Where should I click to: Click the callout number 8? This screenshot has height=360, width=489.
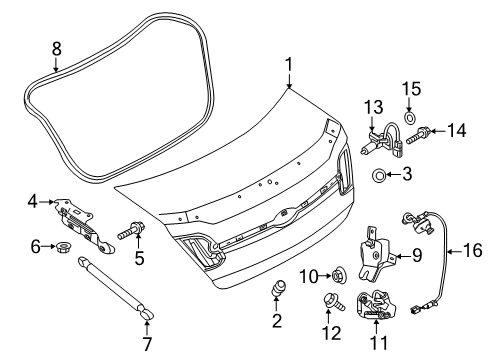(x=57, y=49)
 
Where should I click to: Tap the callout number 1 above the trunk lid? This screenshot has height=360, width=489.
(x=289, y=64)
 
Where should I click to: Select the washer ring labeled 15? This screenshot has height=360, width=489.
(x=409, y=117)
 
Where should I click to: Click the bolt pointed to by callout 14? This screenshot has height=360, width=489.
(x=417, y=135)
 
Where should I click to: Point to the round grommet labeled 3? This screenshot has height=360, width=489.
(x=378, y=175)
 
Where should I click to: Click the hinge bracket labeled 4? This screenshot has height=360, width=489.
(x=84, y=225)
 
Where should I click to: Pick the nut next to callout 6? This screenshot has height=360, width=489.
(x=62, y=247)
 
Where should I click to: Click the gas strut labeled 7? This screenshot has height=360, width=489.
(x=115, y=288)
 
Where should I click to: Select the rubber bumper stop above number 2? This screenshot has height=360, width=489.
(x=279, y=288)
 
